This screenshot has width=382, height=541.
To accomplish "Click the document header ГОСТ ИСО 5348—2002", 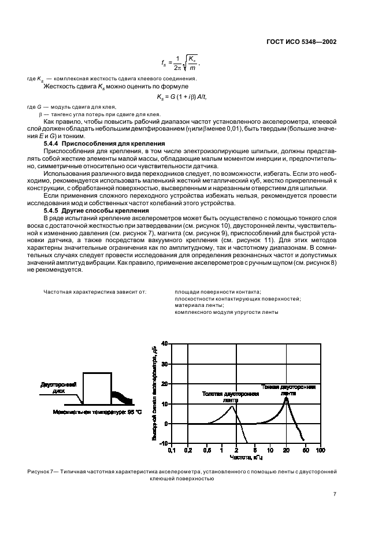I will [302, 42].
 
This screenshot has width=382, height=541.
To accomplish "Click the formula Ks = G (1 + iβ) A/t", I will [181, 96].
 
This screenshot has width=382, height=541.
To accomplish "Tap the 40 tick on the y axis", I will [164, 344].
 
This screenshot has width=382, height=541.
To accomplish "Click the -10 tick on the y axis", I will [162, 443].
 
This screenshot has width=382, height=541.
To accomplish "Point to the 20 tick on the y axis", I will [164, 384].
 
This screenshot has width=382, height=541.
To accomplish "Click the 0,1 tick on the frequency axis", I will [171, 450].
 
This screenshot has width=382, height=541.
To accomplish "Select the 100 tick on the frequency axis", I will [321, 450].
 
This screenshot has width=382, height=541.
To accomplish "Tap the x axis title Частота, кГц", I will [246, 457].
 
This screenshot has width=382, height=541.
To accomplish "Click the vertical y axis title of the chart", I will [155, 393].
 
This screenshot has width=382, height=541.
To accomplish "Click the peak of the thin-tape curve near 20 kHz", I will [286, 398].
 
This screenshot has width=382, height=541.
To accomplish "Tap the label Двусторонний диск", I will [55, 387].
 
